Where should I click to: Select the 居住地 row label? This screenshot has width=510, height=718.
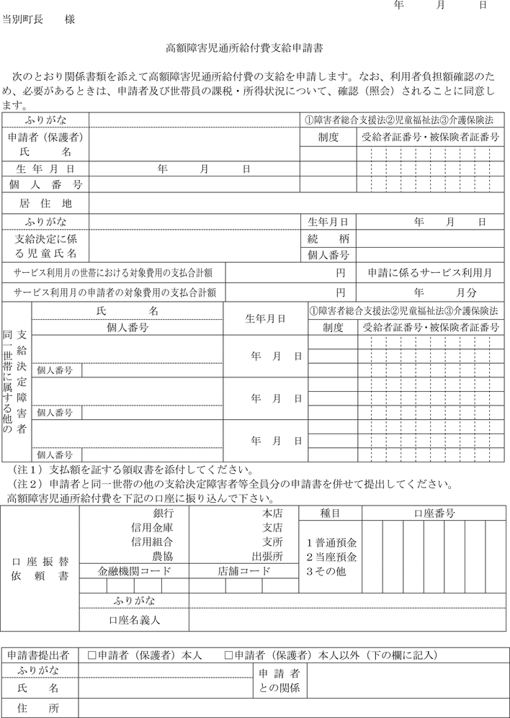pyautogui.click(x=47, y=203)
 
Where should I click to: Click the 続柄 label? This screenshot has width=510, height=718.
pyautogui.click(x=328, y=238)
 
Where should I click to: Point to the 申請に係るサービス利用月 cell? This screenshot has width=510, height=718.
pyautogui.click(x=430, y=273)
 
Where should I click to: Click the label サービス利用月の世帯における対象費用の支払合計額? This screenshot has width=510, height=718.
pyautogui.click(x=113, y=273)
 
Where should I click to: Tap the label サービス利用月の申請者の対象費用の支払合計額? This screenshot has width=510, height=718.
pyautogui.click(x=113, y=293)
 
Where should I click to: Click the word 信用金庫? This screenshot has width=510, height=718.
pyautogui.click(x=151, y=528)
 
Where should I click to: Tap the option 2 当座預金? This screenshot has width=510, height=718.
pyautogui.click(x=331, y=557)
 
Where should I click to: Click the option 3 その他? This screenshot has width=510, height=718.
pyautogui.click(x=326, y=571)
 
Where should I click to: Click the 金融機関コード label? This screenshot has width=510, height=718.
pyautogui.click(x=135, y=571)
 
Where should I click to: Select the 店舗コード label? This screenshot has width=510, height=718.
pyautogui.click(x=244, y=571)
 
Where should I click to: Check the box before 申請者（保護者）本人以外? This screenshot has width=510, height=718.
pyautogui.click(x=229, y=655)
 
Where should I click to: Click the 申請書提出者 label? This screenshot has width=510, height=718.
pyautogui.click(x=39, y=655)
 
